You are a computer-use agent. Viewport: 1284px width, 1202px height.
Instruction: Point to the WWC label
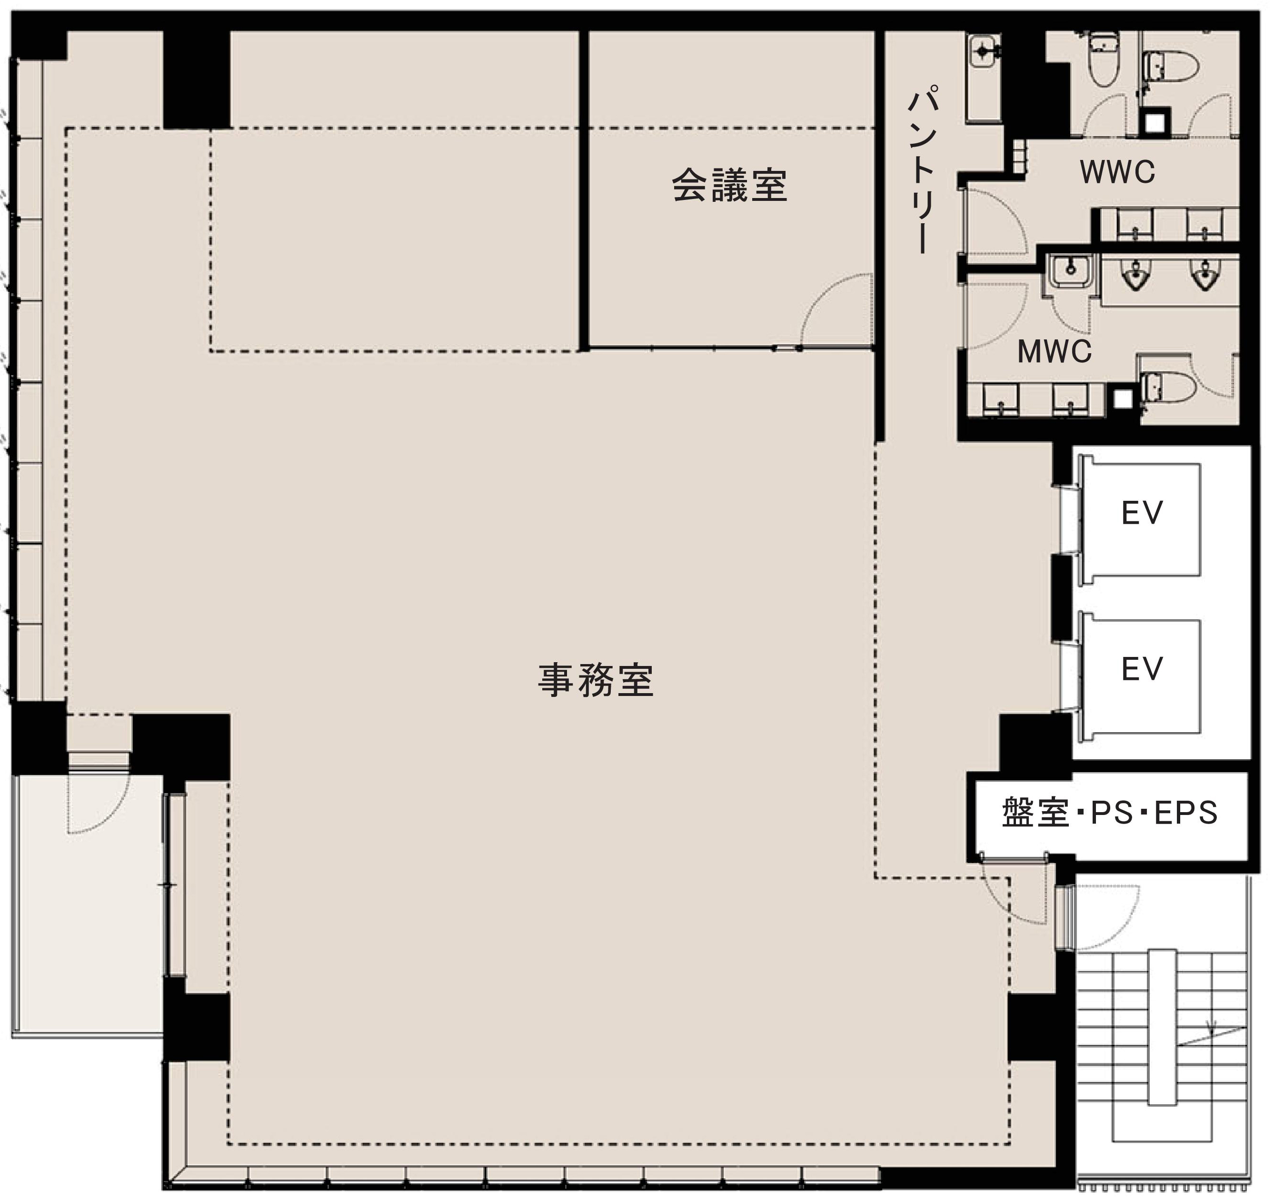1117,172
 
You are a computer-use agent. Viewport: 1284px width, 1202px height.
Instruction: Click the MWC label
1054,352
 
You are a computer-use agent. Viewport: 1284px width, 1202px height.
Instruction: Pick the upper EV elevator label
1142,514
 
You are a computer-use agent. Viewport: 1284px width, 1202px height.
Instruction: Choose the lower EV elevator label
1142,669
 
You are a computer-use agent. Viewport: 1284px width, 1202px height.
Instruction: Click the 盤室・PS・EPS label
1110,813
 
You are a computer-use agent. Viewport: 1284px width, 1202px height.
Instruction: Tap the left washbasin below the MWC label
1000,400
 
